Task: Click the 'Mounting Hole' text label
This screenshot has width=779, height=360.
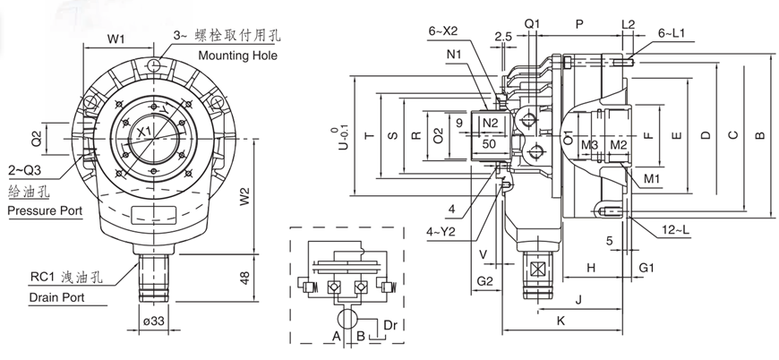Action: (x=237, y=56)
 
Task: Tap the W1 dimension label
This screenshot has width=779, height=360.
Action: (x=116, y=39)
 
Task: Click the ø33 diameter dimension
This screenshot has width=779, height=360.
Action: (x=153, y=321)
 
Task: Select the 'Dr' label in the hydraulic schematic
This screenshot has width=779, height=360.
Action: (x=389, y=324)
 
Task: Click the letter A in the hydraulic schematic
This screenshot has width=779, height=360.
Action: (x=337, y=337)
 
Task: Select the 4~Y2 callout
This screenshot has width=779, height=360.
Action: (x=441, y=232)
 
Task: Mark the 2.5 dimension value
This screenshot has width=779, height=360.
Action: (x=502, y=36)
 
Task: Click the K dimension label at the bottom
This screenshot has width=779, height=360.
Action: (x=561, y=319)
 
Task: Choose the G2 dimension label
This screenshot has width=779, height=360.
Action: (x=484, y=281)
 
